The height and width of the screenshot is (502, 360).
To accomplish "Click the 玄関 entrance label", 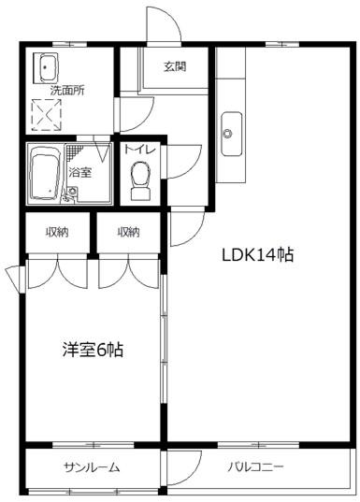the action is click(x=175, y=66).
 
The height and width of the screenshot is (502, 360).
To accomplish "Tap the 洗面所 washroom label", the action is click(x=67, y=91).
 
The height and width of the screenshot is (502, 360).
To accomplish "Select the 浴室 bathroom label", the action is click(x=80, y=173).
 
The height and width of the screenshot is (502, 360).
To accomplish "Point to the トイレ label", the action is click(x=139, y=150).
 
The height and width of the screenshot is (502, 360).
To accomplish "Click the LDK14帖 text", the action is click(x=257, y=255).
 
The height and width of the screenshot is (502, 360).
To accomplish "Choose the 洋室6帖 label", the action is click(x=93, y=350).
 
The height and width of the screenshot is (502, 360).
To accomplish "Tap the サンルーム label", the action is click(x=92, y=467).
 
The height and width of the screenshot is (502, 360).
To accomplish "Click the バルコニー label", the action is click(x=255, y=467).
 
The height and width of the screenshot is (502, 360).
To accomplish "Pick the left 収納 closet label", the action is click(x=57, y=232).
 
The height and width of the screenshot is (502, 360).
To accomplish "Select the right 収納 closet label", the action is click(x=128, y=232).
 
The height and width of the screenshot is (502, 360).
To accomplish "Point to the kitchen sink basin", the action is click(x=232, y=134).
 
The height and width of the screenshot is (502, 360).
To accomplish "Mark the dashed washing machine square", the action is click(x=47, y=115).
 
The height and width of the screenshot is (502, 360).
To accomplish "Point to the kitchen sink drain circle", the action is click(x=228, y=133).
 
